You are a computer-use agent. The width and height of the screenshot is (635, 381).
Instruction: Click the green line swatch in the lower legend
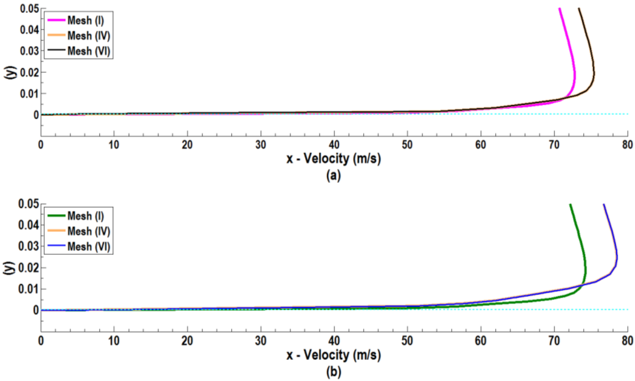[56, 216]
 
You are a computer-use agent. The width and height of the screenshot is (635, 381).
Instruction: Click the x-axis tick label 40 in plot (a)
[334, 145]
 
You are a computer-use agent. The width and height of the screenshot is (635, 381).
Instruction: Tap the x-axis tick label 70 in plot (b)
[554, 341]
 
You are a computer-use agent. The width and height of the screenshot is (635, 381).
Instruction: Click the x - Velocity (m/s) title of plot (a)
[334, 159]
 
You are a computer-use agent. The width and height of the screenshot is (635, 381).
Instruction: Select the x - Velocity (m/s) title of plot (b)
[334, 355]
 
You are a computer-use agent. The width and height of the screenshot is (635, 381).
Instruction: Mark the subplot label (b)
[334, 371]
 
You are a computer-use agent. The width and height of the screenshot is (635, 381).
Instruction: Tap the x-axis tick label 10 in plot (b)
[114, 341]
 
